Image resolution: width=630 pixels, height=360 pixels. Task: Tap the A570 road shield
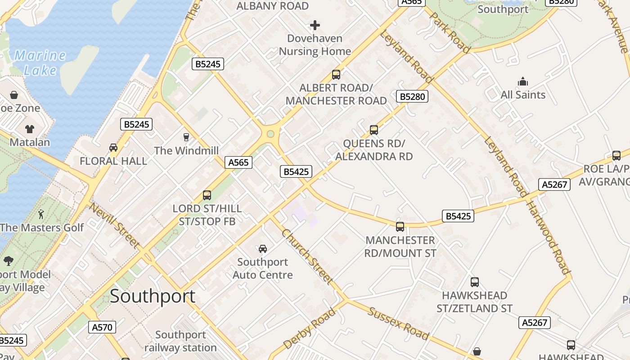(x=102, y=327)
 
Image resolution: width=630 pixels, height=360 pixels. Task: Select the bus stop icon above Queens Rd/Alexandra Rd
(x=373, y=130)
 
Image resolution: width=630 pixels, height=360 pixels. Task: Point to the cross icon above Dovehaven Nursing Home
(x=315, y=25)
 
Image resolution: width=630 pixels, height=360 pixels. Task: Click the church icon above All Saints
(x=523, y=81)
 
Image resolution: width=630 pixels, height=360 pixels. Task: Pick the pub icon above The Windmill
(x=186, y=137)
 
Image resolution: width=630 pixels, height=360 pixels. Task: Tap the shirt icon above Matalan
(x=30, y=129)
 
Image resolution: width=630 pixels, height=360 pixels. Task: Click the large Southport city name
(x=153, y=296)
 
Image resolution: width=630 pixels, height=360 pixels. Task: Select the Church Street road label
(x=308, y=257)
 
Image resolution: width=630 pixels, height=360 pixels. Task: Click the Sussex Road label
(x=398, y=323)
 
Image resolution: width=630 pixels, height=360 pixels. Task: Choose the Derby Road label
(x=310, y=328)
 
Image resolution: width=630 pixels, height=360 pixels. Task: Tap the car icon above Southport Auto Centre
(x=263, y=248)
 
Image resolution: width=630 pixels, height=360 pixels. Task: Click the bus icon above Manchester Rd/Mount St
(x=400, y=226)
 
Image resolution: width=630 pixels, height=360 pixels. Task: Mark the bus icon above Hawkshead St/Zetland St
(x=475, y=282)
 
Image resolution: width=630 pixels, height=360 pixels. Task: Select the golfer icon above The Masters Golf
(x=41, y=214)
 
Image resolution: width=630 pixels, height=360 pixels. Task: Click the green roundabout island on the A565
(x=270, y=134)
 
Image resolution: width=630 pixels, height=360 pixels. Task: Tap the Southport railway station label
(x=180, y=341)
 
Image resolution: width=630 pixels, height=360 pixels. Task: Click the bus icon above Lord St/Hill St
(x=207, y=195)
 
